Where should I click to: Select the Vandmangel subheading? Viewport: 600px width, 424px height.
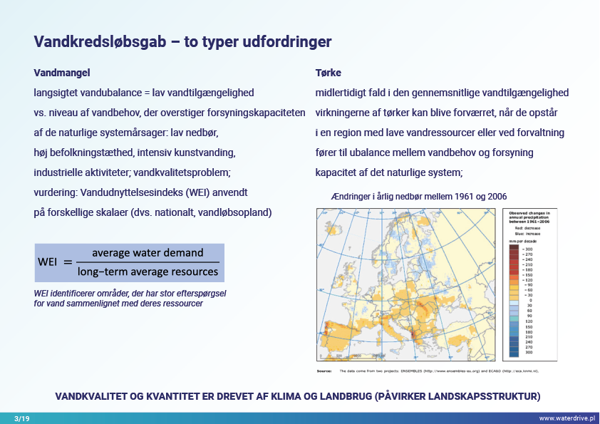pyautogui.click(x=62, y=73)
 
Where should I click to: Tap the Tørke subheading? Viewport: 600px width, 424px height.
pyautogui.click(x=328, y=73)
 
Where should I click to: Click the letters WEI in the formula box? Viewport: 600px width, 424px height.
pyautogui.click(x=48, y=262)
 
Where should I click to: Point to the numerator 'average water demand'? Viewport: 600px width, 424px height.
pyautogui.click(x=148, y=253)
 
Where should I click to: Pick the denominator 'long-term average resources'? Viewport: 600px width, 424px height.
pyautogui.click(x=148, y=272)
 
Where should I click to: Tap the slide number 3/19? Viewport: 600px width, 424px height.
pyautogui.click(x=21, y=418)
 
